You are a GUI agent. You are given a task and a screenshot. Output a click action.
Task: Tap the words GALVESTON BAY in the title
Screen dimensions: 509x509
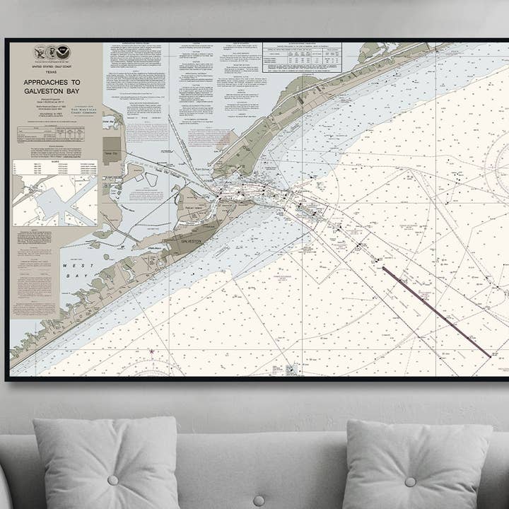52,91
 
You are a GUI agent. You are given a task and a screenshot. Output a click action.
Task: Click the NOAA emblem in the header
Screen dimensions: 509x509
64,52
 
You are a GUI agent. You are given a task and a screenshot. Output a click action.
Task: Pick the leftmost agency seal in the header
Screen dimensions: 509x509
40,52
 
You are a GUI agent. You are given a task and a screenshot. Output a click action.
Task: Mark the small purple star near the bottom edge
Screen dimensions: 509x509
151,351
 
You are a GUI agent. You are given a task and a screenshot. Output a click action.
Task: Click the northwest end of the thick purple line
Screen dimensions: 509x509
384,268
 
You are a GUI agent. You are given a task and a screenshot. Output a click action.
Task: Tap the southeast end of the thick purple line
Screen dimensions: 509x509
489,356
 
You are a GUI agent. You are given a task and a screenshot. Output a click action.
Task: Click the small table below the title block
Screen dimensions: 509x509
52,134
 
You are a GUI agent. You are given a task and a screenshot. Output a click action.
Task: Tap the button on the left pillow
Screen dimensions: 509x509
112,480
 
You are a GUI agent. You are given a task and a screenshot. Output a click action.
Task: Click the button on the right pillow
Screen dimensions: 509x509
411,481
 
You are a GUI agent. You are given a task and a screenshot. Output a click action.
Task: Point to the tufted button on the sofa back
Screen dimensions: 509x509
259,501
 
